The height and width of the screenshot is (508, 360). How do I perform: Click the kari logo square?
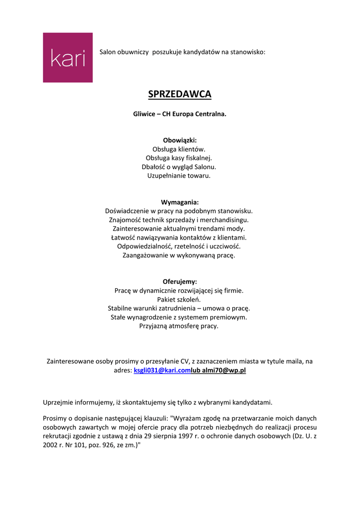pyautogui.click(x=68, y=58)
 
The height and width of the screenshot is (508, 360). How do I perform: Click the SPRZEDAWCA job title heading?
pyautogui.click(x=180, y=94)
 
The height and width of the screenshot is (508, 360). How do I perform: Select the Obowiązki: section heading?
pyautogui.click(x=180, y=140)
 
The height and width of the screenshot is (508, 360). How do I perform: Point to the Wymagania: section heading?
pyautogui.click(x=180, y=202)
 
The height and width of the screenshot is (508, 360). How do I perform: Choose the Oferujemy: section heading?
pyautogui.click(x=180, y=281)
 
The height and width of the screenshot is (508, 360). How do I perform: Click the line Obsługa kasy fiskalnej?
pyautogui.click(x=179, y=158)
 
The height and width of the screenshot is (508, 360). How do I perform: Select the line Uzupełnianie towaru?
pyautogui.click(x=179, y=176)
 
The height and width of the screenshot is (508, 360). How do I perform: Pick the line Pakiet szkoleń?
pyautogui.click(x=179, y=299)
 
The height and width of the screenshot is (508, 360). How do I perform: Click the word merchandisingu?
pyautogui.click(x=225, y=219)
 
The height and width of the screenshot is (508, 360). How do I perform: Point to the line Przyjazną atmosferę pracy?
pyautogui.click(x=179, y=326)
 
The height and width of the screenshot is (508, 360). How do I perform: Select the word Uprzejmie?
pyautogui.click(x=59, y=402)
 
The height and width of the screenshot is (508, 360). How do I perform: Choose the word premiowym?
pyautogui.click(x=228, y=317)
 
